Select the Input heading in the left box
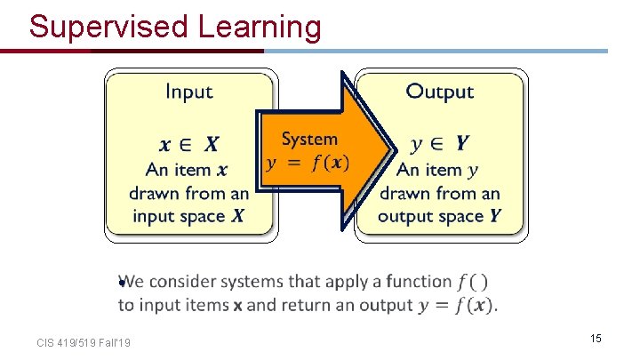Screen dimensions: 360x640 [x=189, y=92]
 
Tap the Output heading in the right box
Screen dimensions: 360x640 [x=439, y=92]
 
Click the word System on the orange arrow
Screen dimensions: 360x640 [x=309, y=139]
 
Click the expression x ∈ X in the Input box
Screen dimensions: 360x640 [x=189, y=144]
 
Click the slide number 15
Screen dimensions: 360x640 [x=596, y=339]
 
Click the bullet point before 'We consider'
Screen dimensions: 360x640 [x=120, y=283]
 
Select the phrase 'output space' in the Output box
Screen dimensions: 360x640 [x=428, y=215]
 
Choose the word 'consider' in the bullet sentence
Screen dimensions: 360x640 [x=183, y=282]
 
